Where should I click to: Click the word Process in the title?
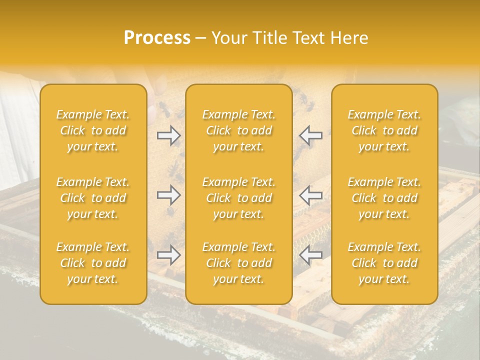pyautogui.click(x=157, y=38)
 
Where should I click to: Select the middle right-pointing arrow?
pyautogui.click(x=168, y=195)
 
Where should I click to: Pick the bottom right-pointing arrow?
pyautogui.click(x=168, y=255)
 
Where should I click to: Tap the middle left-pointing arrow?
pyautogui.click(x=311, y=195)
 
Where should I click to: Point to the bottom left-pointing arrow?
pyautogui.click(x=311, y=255)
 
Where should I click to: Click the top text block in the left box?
pyautogui.click(x=93, y=130)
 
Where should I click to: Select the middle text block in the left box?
pyautogui.click(x=93, y=198)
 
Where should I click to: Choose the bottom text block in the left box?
pyautogui.click(x=93, y=263)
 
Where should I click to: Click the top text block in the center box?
pyautogui.click(x=239, y=130)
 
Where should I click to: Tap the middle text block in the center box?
pyautogui.click(x=239, y=198)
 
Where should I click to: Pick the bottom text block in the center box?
pyautogui.click(x=239, y=263)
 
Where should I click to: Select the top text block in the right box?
pyautogui.click(x=384, y=130)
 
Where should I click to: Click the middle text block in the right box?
pyautogui.click(x=384, y=198)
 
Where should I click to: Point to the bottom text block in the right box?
pyautogui.click(x=384, y=263)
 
